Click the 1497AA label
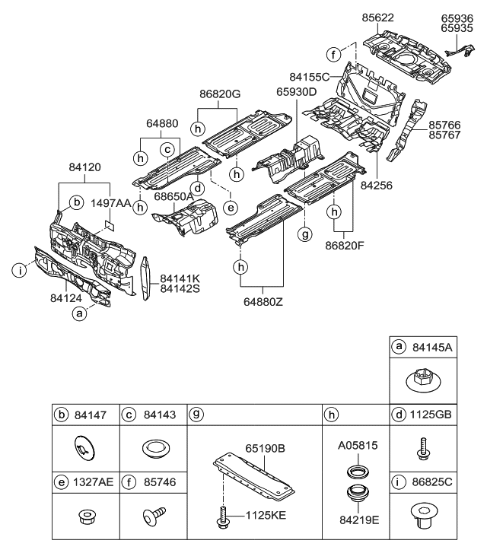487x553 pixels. pos(112,204)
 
